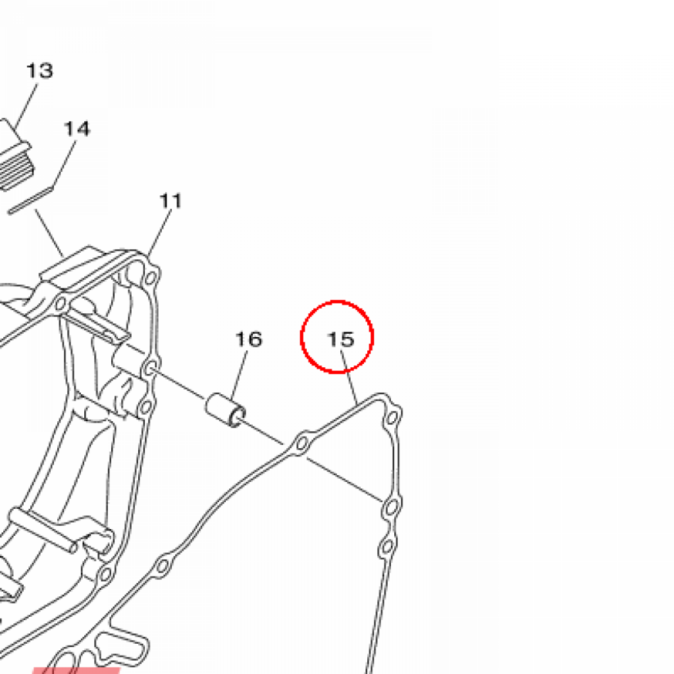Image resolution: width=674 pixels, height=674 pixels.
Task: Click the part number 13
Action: point(39,70)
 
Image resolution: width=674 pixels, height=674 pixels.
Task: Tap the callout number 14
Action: point(77,128)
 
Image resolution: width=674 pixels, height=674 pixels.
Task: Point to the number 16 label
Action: point(249,339)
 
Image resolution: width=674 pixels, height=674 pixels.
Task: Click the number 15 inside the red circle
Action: point(341,339)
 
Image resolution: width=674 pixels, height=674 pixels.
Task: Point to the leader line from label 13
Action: point(24,109)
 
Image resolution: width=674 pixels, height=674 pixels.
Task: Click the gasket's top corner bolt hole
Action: point(393,417)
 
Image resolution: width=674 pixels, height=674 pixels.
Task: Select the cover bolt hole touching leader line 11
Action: point(151,275)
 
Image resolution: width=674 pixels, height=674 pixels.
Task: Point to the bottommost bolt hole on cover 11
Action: point(104,574)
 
